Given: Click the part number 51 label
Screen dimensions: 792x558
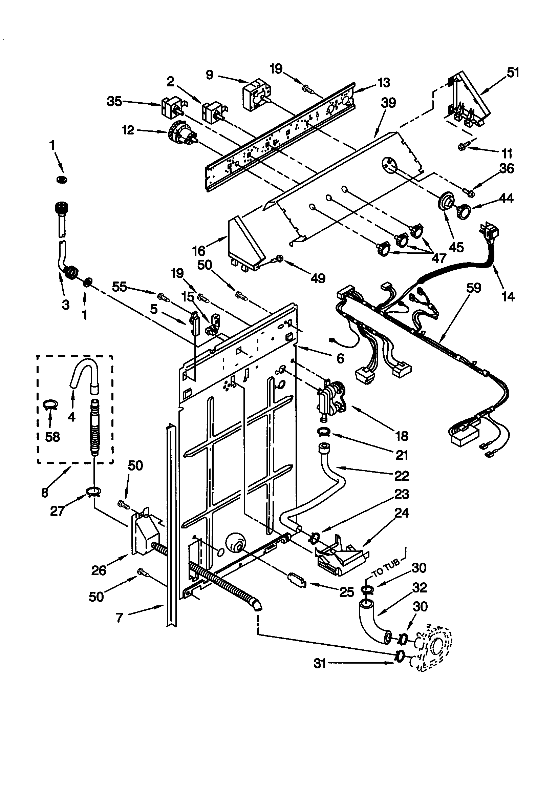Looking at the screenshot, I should click(x=513, y=73).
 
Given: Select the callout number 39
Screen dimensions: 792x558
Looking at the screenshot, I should click(x=388, y=103).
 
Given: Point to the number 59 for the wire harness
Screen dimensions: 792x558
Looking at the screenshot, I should click(x=473, y=288).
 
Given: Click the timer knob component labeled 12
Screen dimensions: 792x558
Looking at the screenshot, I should click(x=181, y=133).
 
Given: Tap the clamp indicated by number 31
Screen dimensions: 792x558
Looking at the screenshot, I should click(x=400, y=656).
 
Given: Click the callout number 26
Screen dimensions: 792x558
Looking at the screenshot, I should click(x=99, y=570).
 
